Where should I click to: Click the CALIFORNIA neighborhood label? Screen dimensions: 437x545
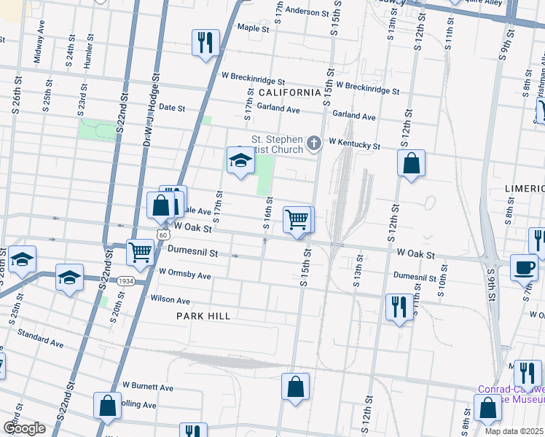click(x=289, y=92)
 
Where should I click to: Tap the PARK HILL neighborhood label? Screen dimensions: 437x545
click(x=203, y=316)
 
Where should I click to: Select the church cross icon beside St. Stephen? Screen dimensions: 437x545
click(x=314, y=143)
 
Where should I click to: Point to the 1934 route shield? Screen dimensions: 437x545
click(x=127, y=281)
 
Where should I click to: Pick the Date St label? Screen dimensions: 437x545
click(x=172, y=108)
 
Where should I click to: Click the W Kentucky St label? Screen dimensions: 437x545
click(x=354, y=145)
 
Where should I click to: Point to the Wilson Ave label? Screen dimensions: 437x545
click(x=170, y=300)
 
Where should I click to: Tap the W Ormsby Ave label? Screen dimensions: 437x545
click(x=184, y=275)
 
